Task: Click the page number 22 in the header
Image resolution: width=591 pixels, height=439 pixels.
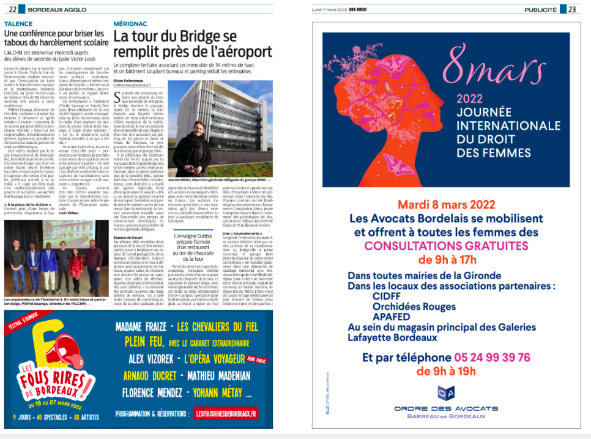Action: tap(13, 9)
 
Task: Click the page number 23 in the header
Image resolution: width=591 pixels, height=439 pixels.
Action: tap(571, 9)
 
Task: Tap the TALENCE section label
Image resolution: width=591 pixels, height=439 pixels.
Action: tap(18, 23)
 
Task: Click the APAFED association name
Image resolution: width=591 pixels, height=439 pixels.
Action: tap(390, 317)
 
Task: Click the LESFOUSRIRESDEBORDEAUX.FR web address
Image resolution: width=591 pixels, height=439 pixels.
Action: tap(226, 414)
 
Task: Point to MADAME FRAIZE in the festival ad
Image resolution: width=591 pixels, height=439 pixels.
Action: tap(140, 327)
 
